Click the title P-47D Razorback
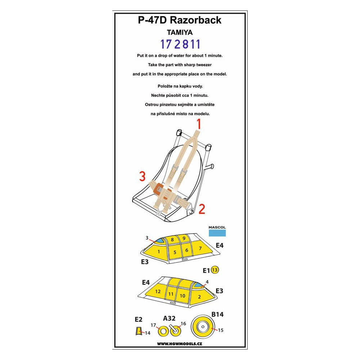180,20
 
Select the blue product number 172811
180,44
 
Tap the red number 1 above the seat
198,125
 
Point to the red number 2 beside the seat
202,209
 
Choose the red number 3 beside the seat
143,176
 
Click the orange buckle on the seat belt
158,188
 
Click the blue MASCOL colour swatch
217,234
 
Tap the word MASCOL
217,228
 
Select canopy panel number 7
200,249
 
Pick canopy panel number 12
158,292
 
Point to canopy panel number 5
175,252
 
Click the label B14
217,314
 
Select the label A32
169,318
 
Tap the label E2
139,319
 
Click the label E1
206,270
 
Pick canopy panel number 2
199,297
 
